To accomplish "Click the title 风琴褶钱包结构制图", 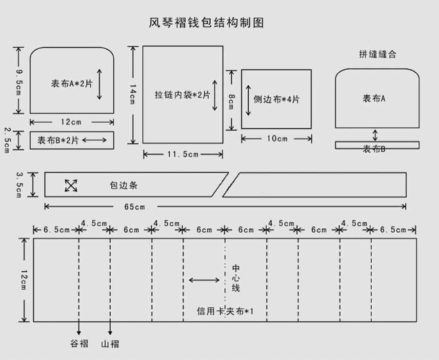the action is [206, 22].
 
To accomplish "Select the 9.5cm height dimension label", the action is [19, 82].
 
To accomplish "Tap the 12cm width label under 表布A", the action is [71, 122].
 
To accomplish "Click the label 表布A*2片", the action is [72, 83].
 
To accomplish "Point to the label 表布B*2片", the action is [58, 140].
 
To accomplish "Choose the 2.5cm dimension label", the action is [7, 140].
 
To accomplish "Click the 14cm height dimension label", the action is [133, 94].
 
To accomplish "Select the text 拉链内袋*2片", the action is [182, 95].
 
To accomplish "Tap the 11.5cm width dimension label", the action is [183, 154].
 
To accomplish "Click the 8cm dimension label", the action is [231, 101].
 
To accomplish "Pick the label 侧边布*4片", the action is [277, 100].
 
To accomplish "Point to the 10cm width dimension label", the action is [277, 139].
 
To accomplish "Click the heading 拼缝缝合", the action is [378, 54].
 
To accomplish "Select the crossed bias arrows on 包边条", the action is [71, 185].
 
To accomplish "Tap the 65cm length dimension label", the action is [135, 207].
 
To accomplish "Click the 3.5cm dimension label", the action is [19, 185].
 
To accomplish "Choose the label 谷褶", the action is [79, 343].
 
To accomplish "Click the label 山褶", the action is [110, 344].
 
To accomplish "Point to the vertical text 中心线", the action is [236, 278].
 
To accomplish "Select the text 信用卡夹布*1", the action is [225, 311].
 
